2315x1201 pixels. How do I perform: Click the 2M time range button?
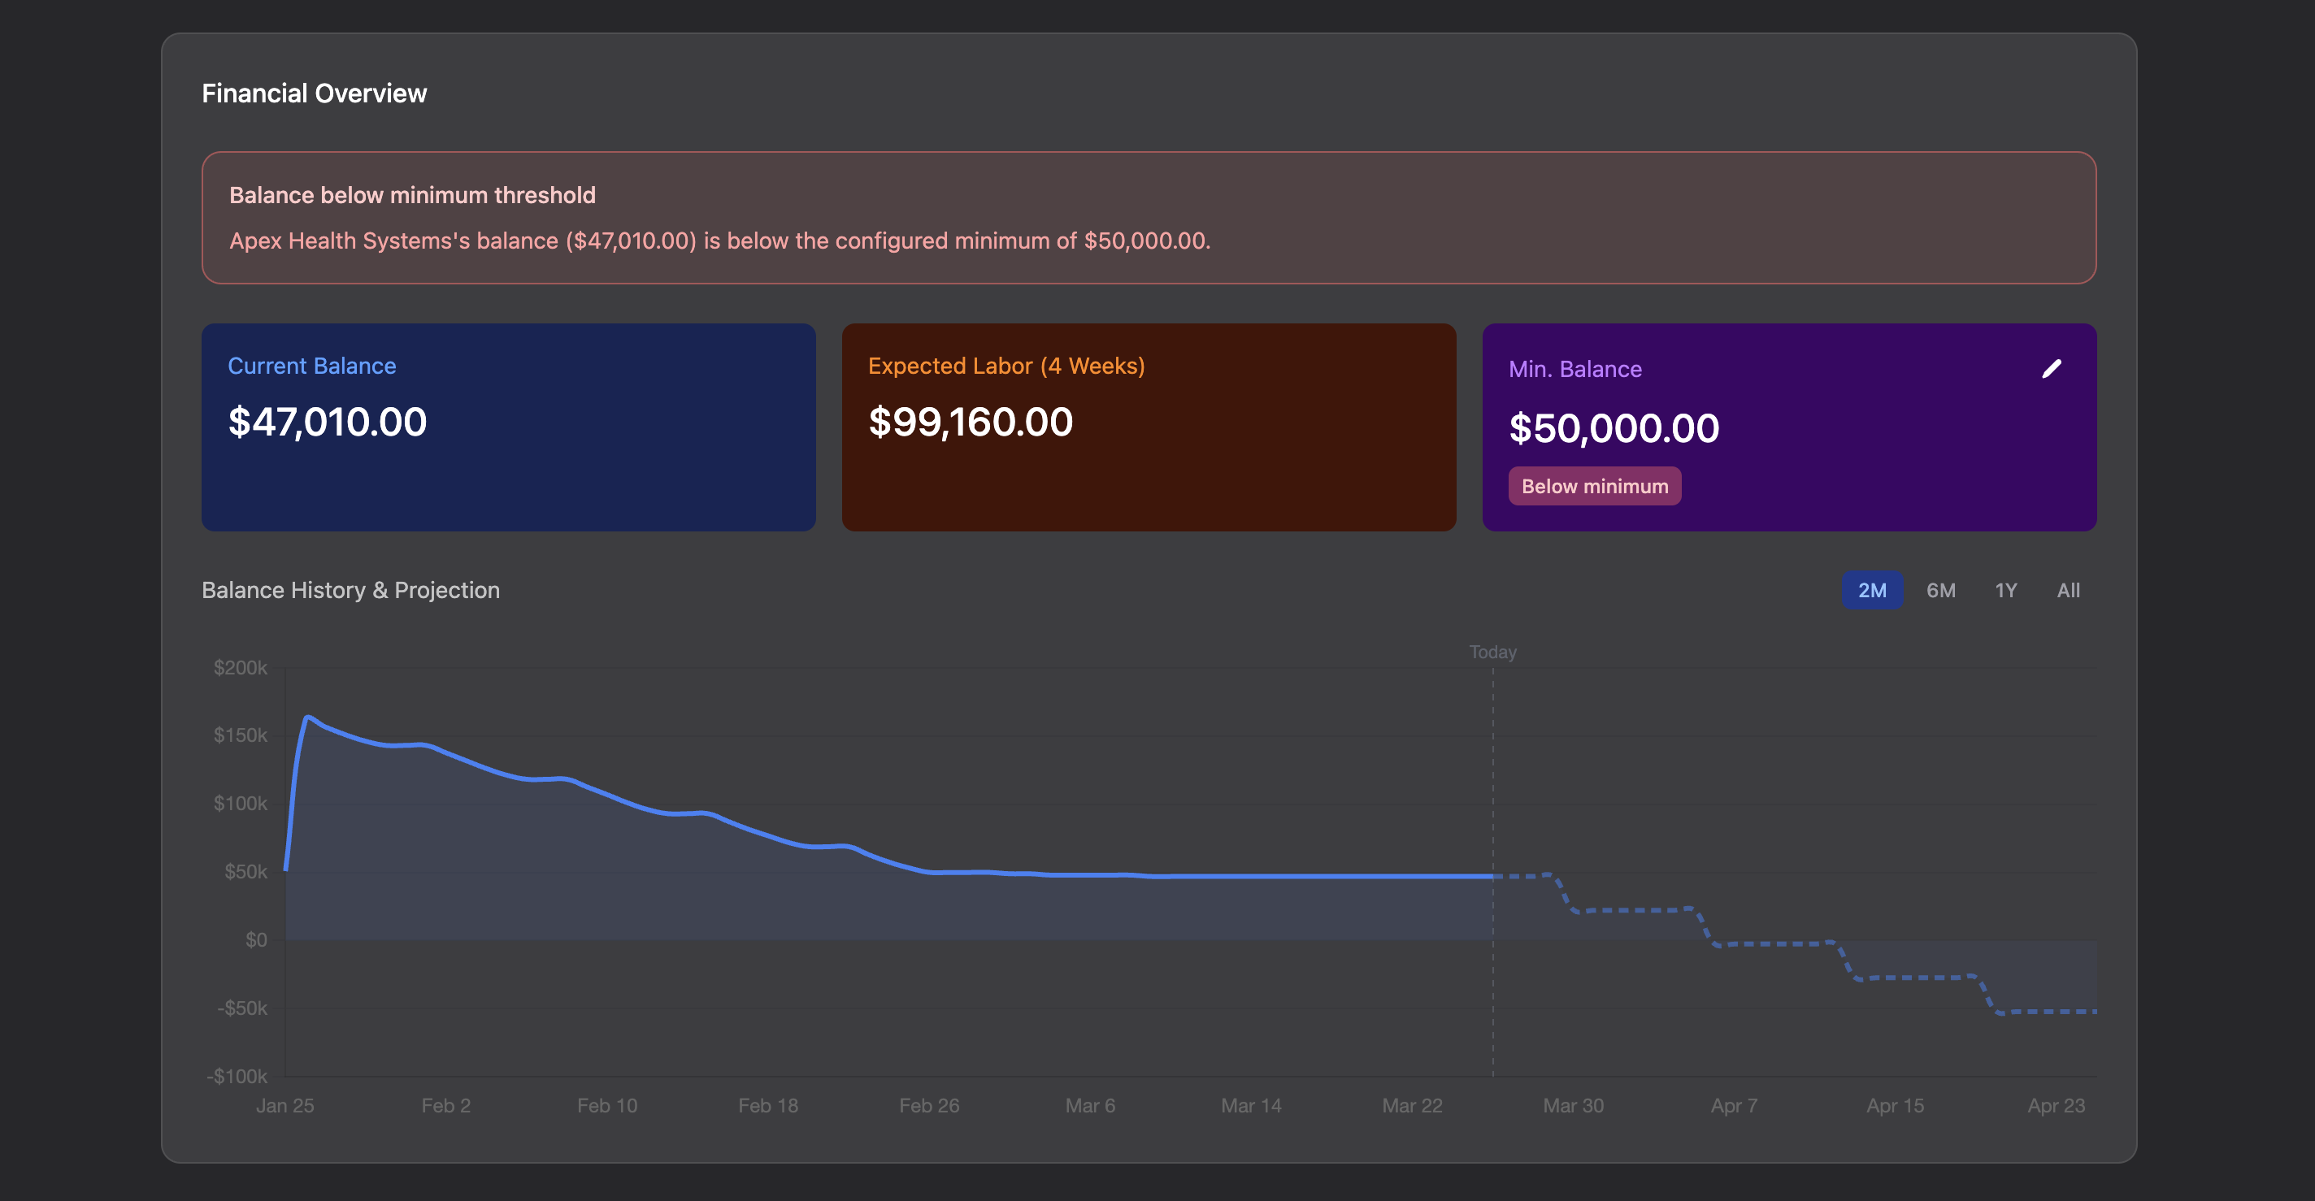click(1872, 590)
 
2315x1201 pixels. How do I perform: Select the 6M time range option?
click(1940, 590)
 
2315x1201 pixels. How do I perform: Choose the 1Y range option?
click(2005, 590)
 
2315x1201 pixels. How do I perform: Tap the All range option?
click(2068, 590)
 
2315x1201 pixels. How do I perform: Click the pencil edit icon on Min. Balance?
click(2051, 369)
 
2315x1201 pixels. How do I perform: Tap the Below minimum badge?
click(1594, 486)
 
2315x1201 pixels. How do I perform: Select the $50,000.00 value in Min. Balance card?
click(1614, 428)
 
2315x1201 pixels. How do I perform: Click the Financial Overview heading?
click(314, 93)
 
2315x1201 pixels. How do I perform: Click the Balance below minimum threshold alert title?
click(411, 195)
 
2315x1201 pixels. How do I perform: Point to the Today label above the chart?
click(1492, 653)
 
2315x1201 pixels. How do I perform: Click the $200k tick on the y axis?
click(240, 667)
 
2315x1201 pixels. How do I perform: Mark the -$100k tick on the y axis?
click(237, 1076)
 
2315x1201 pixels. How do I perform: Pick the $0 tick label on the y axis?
click(256, 939)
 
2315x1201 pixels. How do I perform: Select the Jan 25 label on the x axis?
click(284, 1106)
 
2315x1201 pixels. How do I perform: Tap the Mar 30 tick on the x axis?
click(1573, 1106)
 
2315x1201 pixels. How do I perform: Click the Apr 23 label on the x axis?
click(2055, 1106)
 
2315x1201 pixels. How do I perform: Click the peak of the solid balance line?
click(308, 717)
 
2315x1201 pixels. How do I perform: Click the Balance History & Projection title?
click(350, 590)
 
